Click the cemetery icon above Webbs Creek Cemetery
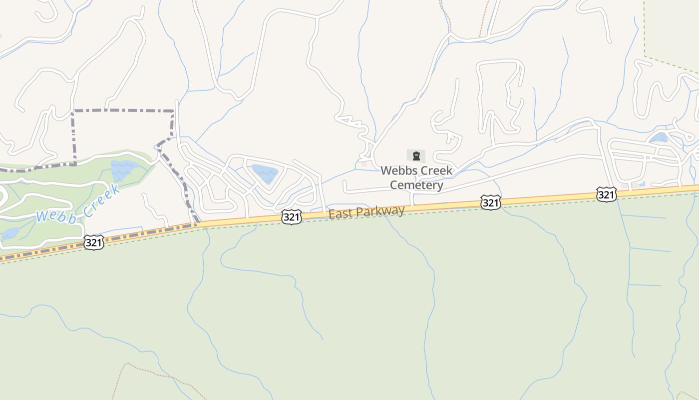[x=416, y=156]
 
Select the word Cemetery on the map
[x=416, y=185]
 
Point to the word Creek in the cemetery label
[x=435, y=170]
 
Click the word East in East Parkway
[x=340, y=214]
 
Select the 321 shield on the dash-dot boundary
[x=94, y=242]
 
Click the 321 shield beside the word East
[x=292, y=217]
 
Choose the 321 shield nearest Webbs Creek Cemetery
[x=491, y=202]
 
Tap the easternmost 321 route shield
[x=606, y=194]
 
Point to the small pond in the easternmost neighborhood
[x=659, y=137]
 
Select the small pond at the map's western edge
[x=9, y=233]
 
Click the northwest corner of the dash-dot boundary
[x=73, y=111]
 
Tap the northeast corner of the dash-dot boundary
[x=173, y=111]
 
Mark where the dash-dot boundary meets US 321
[x=198, y=223]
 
